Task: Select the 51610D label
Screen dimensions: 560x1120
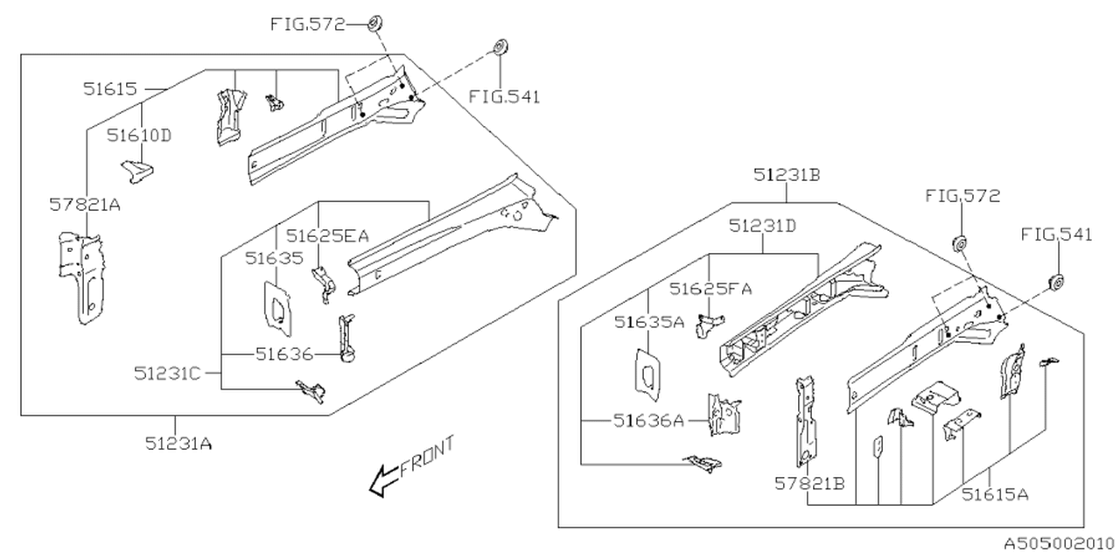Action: point(139,136)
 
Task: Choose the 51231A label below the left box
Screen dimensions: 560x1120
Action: point(179,443)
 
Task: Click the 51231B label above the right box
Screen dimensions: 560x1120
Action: point(787,175)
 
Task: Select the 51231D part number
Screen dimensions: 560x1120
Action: point(763,226)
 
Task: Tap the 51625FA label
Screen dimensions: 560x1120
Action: point(711,288)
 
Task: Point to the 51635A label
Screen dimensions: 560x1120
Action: point(647,322)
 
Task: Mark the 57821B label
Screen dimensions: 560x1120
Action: point(809,483)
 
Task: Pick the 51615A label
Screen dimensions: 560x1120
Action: point(995,494)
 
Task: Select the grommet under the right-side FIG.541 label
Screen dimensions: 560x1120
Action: point(1055,283)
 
